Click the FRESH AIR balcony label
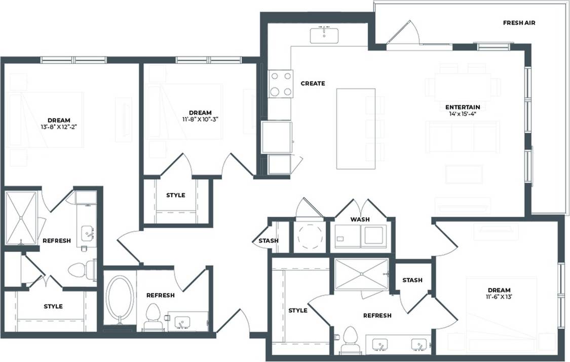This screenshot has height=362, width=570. [519, 23]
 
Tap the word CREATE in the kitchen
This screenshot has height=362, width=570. [313, 83]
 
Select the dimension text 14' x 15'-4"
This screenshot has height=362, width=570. [462, 114]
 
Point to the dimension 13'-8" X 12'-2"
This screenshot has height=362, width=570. [59, 127]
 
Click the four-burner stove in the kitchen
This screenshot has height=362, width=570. [281, 84]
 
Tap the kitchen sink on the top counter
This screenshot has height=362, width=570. [324, 35]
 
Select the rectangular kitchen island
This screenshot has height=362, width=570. [356, 128]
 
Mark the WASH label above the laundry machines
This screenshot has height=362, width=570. [360, 219]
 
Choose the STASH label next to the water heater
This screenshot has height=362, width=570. [268, 241]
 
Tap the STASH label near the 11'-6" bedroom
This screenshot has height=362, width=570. [412, 280]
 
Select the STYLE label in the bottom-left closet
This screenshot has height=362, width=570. [53, 306]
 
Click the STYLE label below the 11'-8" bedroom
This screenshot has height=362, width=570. [176, 195]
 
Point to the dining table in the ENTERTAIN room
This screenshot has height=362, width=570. [462, 84]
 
